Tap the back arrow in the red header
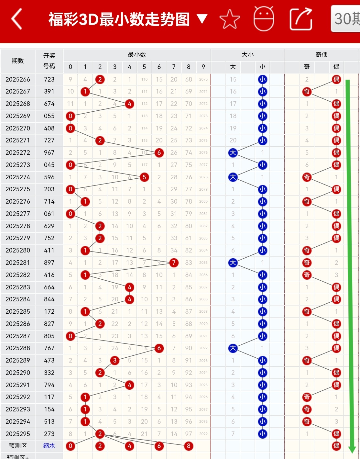[17, 19]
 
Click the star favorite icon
[230, 19]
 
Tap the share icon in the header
[301, 19]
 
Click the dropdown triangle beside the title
[202, 19]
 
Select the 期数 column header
[18, 61]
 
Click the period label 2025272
[18, 152]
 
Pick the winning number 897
[49, 263]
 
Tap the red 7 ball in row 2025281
[174, 263]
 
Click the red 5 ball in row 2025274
[144, 177]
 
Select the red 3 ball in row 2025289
[115, 360]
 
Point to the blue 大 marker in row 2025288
[233, 348]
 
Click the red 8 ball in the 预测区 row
[189, 446]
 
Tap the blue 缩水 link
[49, 446]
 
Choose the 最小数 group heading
[137, 55]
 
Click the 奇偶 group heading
[322, 55]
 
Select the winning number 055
[49, 116]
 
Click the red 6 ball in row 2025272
[159, 152]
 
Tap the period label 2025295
[18, 434]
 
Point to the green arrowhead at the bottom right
[352, 449]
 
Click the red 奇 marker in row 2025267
[307, 92]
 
